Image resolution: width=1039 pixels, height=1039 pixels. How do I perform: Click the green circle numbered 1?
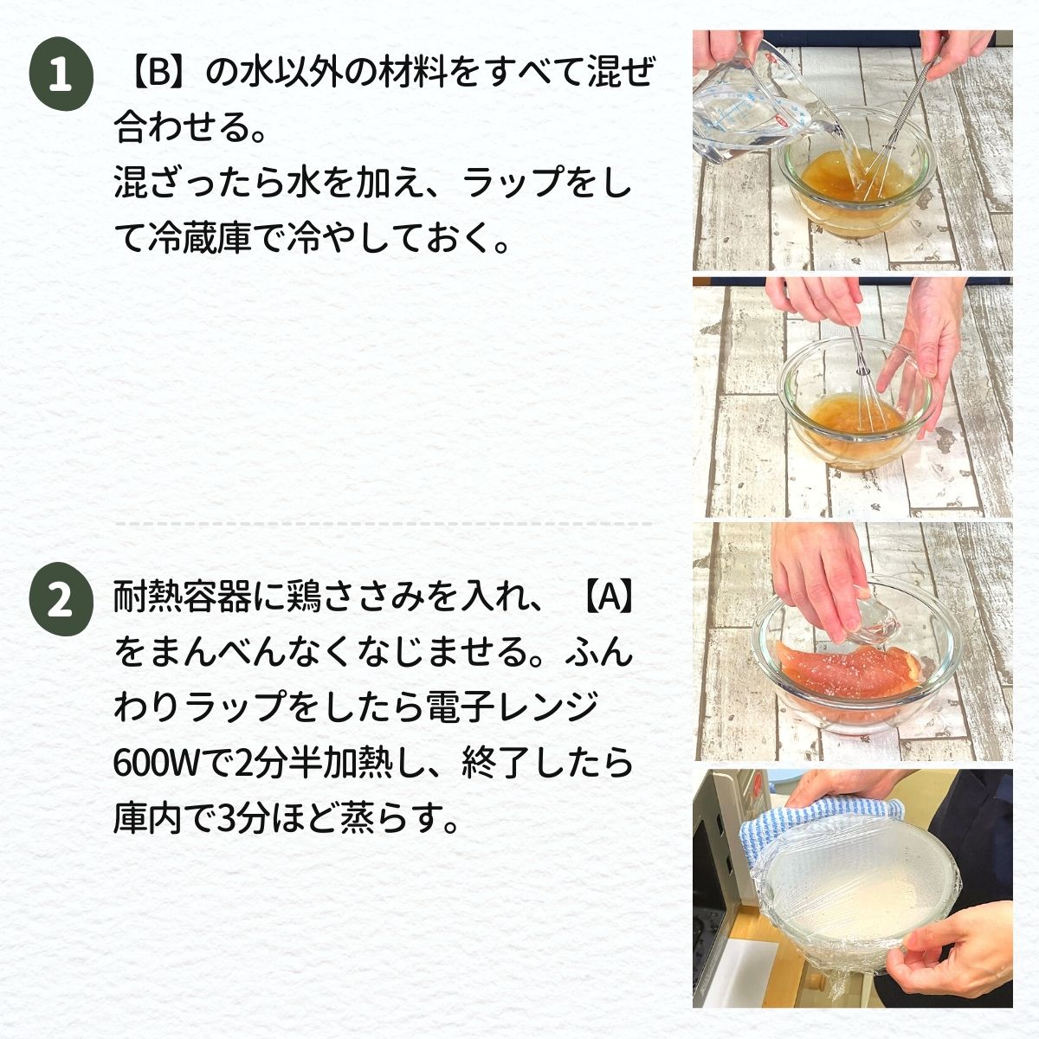click(x=61, y=74)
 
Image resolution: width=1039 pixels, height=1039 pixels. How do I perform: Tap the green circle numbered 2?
click(x=61, y=599)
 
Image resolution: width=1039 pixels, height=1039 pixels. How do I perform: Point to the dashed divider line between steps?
click(x=384, y=524)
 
